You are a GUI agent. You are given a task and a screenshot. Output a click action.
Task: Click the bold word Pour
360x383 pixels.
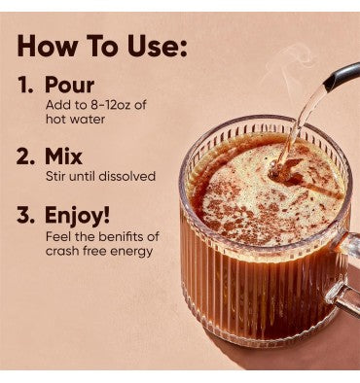pos(70,86)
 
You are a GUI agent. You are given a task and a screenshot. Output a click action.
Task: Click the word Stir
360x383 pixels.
pos(56,176)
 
